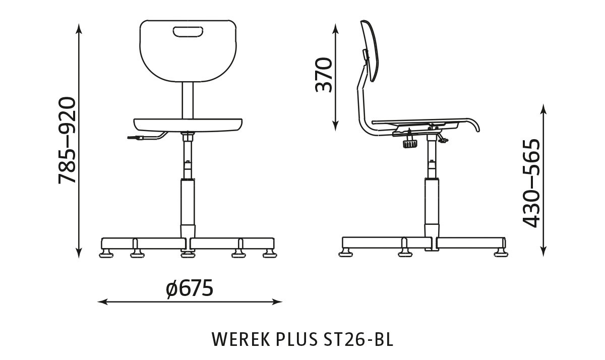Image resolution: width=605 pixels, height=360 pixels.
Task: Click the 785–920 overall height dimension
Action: pos(67,140)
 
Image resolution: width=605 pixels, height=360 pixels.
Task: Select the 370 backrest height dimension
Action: pos(324,75)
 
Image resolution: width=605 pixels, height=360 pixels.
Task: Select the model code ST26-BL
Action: pos(355,339)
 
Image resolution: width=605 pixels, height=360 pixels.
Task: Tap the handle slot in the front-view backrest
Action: pos(189,33)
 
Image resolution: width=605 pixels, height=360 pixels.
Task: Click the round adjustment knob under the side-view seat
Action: pos(409,144)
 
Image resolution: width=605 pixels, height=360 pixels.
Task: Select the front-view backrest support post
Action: pos(188,100)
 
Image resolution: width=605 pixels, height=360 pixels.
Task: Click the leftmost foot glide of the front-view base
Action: pos(107,253)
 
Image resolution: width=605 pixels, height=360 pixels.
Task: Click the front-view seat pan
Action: pos(188,124)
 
